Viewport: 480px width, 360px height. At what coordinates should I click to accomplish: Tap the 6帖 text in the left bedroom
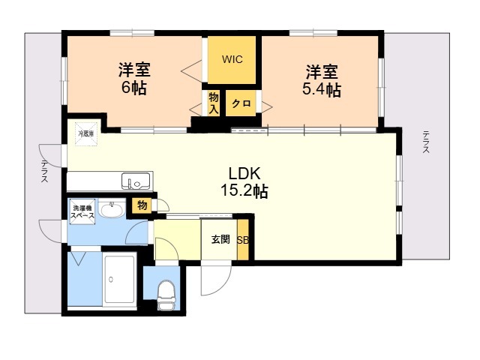pos(134,88)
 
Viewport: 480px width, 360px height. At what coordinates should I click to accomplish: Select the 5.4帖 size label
pos(322,90)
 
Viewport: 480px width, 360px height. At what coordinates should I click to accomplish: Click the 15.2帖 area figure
pos(244,190)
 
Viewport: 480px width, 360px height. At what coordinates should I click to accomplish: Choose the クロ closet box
pos(240,103)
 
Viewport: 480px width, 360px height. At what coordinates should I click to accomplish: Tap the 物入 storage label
pos(214,103)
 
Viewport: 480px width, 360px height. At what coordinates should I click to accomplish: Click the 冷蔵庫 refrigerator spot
pos(86,133)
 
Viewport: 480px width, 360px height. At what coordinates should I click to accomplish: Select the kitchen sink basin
pos(136,181)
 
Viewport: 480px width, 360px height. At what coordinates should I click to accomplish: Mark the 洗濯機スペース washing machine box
pos(82,211)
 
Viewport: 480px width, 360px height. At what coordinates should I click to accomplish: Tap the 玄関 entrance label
pos(220,240)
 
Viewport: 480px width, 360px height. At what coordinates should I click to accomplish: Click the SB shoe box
pos(243,240)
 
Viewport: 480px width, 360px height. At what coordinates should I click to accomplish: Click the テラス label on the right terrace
pos(425,142)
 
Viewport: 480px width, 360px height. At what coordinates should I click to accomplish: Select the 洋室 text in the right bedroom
pos(321,72)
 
